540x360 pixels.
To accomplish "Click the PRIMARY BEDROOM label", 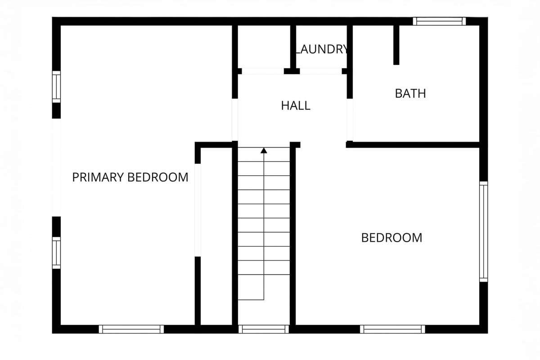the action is click(130, 177).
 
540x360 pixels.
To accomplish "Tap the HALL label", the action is click(296, 106).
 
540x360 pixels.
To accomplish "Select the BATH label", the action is click(410, 94).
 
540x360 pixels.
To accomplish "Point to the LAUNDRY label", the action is click(321, 49).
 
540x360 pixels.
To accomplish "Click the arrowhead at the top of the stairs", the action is click(264, 150).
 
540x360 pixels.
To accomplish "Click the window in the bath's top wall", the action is click(439, 21).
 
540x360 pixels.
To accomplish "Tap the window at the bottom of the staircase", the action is click(264, 329).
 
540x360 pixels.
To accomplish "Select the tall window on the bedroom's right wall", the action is click(483, 231).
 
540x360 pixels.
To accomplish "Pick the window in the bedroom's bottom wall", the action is click(392, 329).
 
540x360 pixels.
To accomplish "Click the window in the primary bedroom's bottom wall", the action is click(131, 329).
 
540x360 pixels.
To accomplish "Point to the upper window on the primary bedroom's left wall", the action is click(56, 87).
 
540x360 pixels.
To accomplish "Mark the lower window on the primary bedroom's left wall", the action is click(56, 253).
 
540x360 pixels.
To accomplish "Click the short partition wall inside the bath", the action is click(396, 45).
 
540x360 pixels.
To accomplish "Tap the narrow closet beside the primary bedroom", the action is click(216, 236).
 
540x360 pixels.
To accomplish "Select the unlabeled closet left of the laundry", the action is click(264, 47).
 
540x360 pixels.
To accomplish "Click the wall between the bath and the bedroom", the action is click(413, 145).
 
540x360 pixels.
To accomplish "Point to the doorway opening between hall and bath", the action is click(350, 120).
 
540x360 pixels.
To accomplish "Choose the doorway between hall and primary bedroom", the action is click(235, 120).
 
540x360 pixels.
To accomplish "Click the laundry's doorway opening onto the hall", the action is click(321, 71).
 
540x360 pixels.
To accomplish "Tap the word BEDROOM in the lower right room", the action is click(391, 238).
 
